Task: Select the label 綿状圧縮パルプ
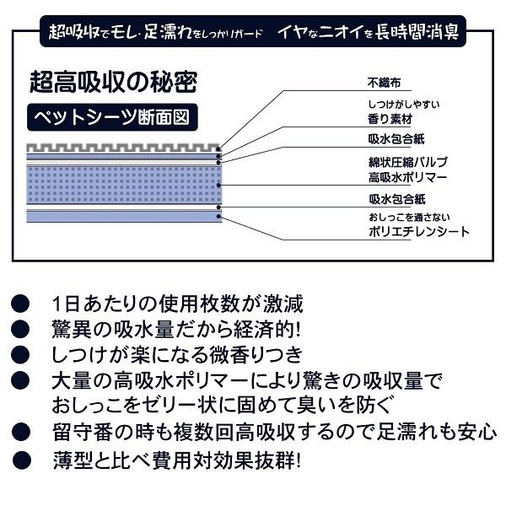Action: tap(407, 161)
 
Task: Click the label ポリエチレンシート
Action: tap(418, 231)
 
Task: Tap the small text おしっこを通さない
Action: tap(407, 218)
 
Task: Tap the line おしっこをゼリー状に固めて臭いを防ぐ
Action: tap(221, 404)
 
